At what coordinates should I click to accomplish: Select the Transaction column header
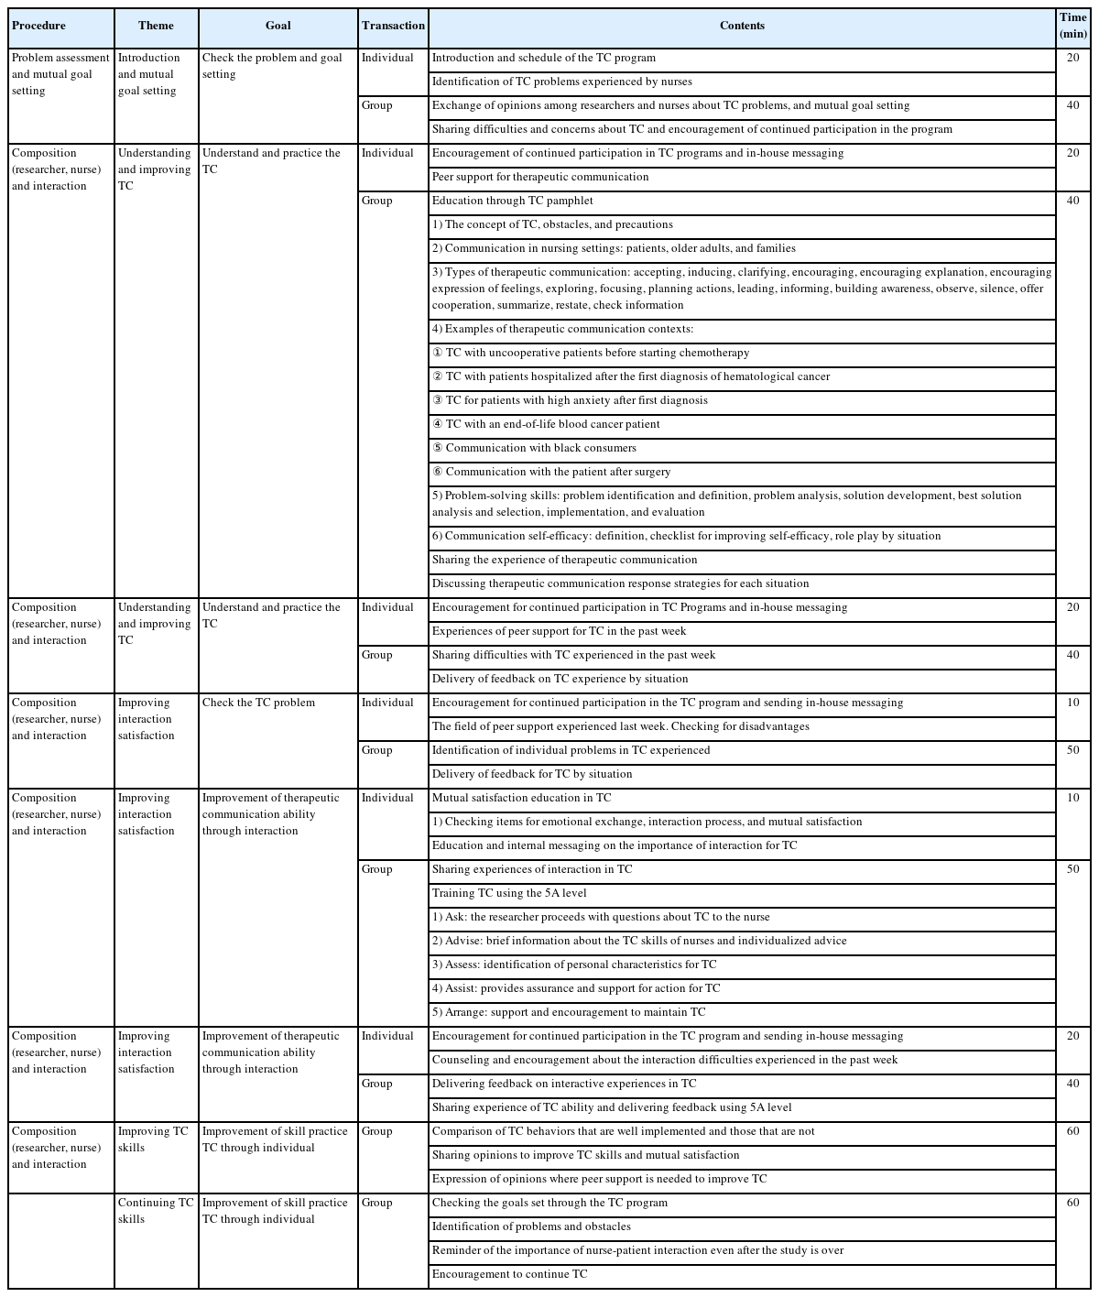(393, 27)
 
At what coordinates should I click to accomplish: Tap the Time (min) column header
(1072, 27)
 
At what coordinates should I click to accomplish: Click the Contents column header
(742, 27)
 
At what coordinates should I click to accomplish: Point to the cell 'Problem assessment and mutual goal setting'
(61, 75)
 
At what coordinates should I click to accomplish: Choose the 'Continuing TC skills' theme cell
(156, 1211)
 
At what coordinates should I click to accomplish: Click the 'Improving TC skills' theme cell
(156, 1139)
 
